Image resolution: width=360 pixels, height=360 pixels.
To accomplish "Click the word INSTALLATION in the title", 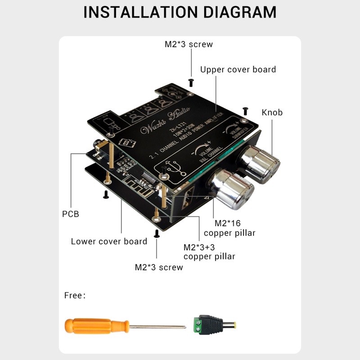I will [133, 12].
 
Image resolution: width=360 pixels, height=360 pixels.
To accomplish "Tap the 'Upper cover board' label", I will [238, 69].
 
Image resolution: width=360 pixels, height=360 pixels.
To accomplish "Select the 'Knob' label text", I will [272, 112].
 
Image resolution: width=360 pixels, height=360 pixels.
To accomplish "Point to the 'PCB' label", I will [70, 214].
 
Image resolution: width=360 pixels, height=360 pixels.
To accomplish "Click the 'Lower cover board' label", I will [109, 242].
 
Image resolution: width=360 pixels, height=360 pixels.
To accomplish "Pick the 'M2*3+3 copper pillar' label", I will [209, 252].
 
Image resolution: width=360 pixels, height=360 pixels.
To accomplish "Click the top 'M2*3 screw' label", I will [189, 44].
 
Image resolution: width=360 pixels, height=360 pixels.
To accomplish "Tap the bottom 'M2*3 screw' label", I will [159, 267].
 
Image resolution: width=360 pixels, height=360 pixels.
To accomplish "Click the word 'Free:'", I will [75, 296].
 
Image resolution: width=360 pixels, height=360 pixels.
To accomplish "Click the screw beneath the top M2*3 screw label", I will [191, 82].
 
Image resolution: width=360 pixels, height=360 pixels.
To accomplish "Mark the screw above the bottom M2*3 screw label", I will [157, 233].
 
